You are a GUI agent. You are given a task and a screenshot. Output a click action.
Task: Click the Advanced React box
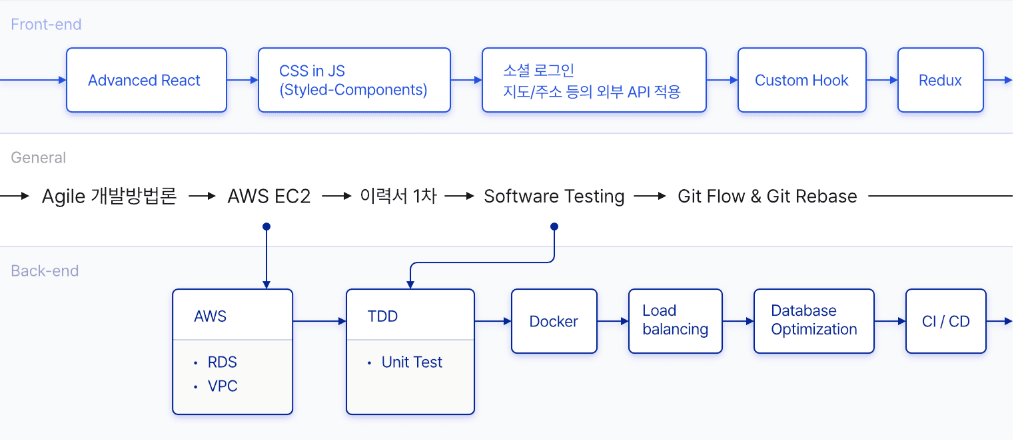tap(146, 80)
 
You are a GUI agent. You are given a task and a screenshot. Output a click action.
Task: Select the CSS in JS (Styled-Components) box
tap(354, 80)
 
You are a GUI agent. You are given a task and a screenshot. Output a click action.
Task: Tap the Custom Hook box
tap(801, 80)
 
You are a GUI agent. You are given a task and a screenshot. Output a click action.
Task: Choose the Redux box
tap(940, 80)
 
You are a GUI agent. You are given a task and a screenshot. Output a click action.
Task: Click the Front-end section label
tap(46, 25)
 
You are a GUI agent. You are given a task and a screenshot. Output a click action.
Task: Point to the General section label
tap(39, 158)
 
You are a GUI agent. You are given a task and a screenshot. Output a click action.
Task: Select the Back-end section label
tap(45, 270)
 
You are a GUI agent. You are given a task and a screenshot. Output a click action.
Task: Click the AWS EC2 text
tap(269, 197)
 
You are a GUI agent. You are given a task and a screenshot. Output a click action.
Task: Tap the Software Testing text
tap(554, 197)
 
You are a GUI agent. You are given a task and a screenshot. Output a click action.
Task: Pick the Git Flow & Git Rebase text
tap(767, 197)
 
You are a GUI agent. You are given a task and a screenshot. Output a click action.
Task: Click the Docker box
tap(554, 321)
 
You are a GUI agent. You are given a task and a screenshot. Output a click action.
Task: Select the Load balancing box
tap(676, 321)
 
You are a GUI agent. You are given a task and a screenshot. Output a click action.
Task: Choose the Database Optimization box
tap(814, 321)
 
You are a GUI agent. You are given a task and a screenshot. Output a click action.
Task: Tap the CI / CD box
tap(945, 321)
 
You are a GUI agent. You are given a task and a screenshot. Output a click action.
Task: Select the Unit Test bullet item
tap(404, 362)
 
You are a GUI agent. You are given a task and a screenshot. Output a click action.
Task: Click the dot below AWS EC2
tap(266, 226)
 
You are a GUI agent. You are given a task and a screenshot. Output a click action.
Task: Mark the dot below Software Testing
tap(554, 226)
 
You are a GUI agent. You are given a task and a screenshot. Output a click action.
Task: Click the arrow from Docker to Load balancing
tap(613, 321)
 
